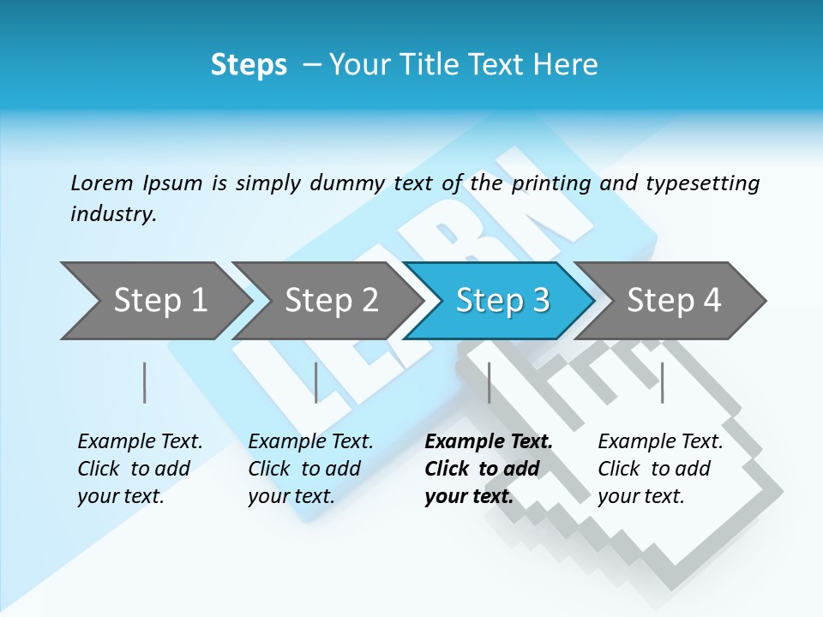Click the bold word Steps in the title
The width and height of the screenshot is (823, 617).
click(249, 64)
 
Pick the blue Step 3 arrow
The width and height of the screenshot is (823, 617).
click(502, 301)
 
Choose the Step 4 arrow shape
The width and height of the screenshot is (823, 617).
click(674, 301)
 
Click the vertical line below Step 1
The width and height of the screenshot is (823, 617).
click(145, 382)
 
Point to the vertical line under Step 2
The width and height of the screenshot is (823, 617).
click(316, 382)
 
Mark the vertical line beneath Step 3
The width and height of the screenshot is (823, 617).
click(489, 382)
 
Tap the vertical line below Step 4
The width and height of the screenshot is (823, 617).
click(662, 382)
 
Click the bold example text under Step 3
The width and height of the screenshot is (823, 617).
click(488, 469)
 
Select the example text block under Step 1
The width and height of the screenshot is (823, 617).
click(140, 469)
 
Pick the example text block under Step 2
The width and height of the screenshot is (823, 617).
click(310, 469)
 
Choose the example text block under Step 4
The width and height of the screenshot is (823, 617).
click(660, 469)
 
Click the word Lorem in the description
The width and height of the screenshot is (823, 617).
click(101, 183)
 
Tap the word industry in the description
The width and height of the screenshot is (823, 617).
click(113, 214)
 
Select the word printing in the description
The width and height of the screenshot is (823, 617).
click(550, 183)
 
